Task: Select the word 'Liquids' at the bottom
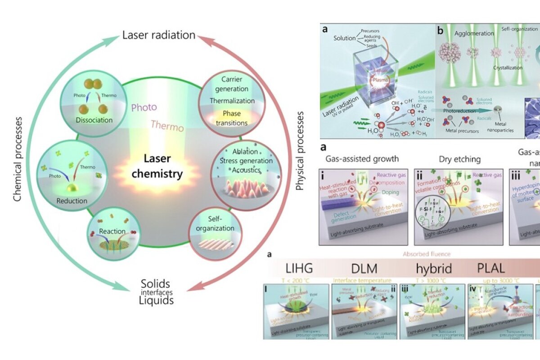pyautogui.click(x=156, y=300)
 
